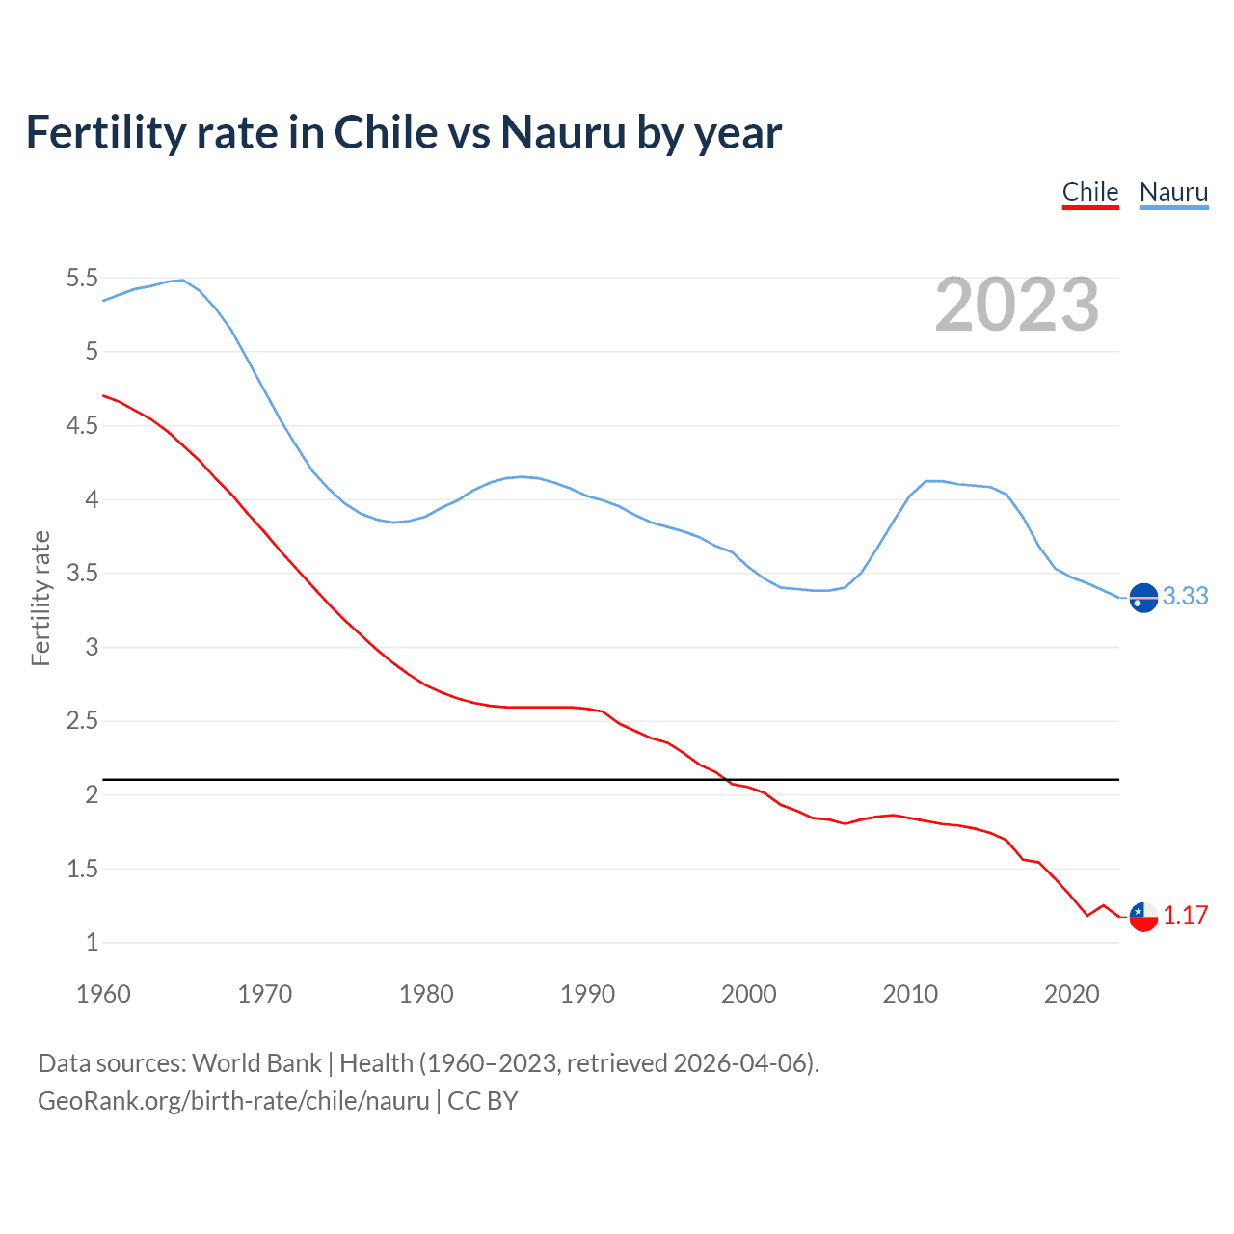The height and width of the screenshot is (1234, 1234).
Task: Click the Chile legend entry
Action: tap(1089, 192)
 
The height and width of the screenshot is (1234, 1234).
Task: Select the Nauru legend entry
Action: tap(1173, 192)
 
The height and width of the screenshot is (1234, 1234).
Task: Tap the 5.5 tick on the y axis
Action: tap(82, 279)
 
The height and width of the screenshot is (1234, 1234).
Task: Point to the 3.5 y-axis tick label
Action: tap(82, 574)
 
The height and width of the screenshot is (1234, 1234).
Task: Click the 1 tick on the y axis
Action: tap(92, 943)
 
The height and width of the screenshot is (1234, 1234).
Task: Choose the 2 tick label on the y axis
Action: tap(92, 795)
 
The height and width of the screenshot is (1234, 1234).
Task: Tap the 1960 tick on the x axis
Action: tap(103, 994)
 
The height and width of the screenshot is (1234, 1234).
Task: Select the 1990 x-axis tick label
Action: tap(587, 994)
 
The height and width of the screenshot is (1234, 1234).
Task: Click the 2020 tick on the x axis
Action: tap(1071, 994)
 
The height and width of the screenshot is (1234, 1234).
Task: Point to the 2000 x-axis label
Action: tap(748, 994)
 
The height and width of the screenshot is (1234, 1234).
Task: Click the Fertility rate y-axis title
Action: tap(40, 598)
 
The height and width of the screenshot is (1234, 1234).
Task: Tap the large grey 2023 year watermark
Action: tap(1017, 305)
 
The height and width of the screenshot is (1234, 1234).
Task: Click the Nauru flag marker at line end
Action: tap(1143, 598)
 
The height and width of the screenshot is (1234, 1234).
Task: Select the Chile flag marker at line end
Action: tap(1143, 917)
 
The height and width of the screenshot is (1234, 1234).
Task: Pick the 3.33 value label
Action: tap(1185, 597)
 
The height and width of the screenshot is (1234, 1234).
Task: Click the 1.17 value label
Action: tap(1185, 916)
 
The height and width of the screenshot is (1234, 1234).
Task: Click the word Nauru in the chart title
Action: tap(563, 133)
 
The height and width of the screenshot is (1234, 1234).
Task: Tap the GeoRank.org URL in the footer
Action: tap(233, 1101)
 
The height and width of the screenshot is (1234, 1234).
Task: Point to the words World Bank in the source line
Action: tap(256, 1063)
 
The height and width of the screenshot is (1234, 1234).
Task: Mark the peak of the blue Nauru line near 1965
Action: tap(183, 280)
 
